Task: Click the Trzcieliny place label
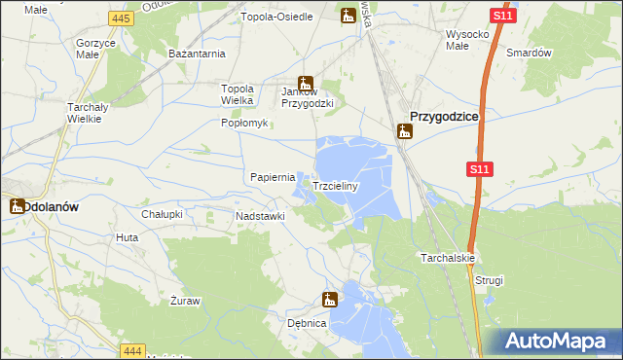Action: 336,185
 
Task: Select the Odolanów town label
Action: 56,206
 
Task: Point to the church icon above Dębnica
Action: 330,300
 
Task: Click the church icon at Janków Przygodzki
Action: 305,84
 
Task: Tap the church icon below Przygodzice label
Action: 404,131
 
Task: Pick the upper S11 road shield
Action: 502,18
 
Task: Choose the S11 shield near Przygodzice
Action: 477,169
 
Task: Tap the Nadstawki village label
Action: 260,215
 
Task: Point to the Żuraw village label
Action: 184,301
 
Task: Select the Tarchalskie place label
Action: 448,258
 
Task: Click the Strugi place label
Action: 490,280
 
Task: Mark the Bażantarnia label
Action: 198,53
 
